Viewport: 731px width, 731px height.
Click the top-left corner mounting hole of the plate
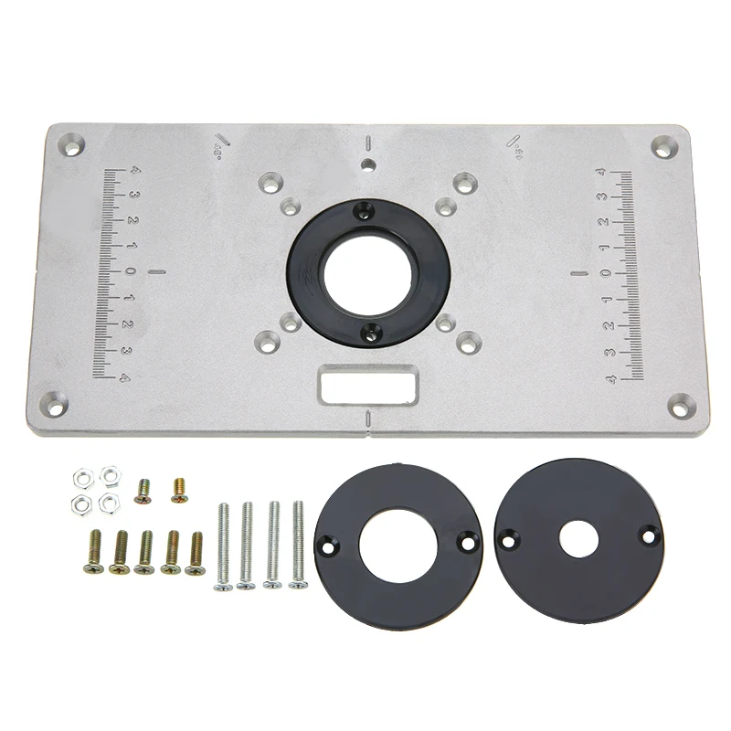tap(69, 143)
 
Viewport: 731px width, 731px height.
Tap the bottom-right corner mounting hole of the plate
tap(681, 401)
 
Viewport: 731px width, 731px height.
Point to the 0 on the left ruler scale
tap(131, 271)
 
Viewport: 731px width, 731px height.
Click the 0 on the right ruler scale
tap(604, 272)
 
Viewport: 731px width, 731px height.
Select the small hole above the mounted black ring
tap(366, 165)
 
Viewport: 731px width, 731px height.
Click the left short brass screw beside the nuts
tap(143, 492)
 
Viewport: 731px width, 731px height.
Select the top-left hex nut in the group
tap(80, 477)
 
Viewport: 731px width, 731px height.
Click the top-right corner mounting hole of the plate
tap(664, 145)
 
